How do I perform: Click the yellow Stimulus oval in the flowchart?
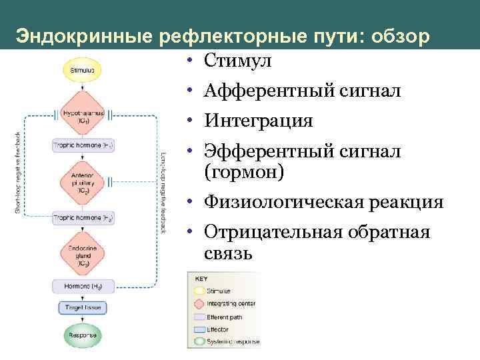point(81,69)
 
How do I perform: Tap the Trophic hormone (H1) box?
point(81,145)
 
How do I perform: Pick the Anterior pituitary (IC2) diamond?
point(81,181)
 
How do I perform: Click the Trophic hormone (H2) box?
point(81,218)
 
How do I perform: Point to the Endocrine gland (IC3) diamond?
point(81,255)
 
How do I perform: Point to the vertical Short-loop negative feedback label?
point(19,171)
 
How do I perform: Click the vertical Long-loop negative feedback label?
point(163,191)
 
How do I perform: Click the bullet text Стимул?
point(237,61)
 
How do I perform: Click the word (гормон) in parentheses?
point(244,172)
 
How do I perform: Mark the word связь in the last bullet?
point(229,253)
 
